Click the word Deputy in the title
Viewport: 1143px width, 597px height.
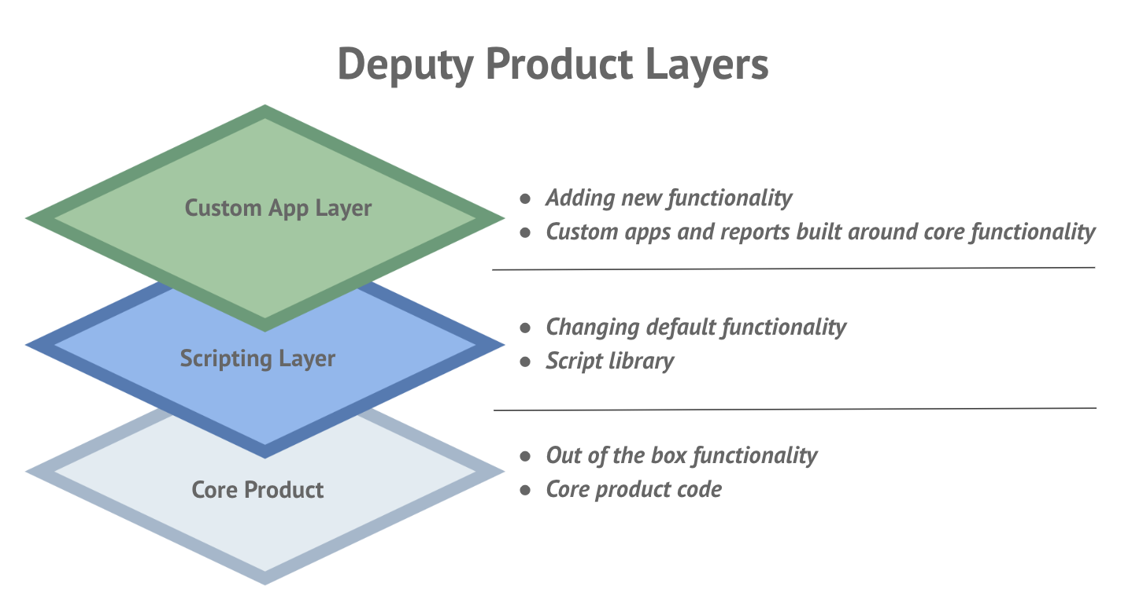[401, 65]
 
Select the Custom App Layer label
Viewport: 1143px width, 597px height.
[278, 208]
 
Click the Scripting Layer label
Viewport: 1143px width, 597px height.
[257, 358]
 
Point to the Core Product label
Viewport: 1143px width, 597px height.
[257, 490]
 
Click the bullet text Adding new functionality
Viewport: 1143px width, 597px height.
[668, 198]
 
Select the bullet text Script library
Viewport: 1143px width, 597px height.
[609, 361]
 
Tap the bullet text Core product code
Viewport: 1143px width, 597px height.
[634, 489]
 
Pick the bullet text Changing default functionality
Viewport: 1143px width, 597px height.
[696, 326]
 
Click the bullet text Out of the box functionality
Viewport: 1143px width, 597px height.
[682, 455]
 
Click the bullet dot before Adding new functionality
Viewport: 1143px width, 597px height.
[525, 198]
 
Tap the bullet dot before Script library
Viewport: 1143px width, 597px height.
[525, 362]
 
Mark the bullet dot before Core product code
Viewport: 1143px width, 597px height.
[525, 490]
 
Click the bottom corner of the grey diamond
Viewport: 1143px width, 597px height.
[265, 584]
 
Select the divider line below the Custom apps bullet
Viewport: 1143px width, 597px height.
[793, 269]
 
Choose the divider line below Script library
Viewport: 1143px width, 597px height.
[795, 409]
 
